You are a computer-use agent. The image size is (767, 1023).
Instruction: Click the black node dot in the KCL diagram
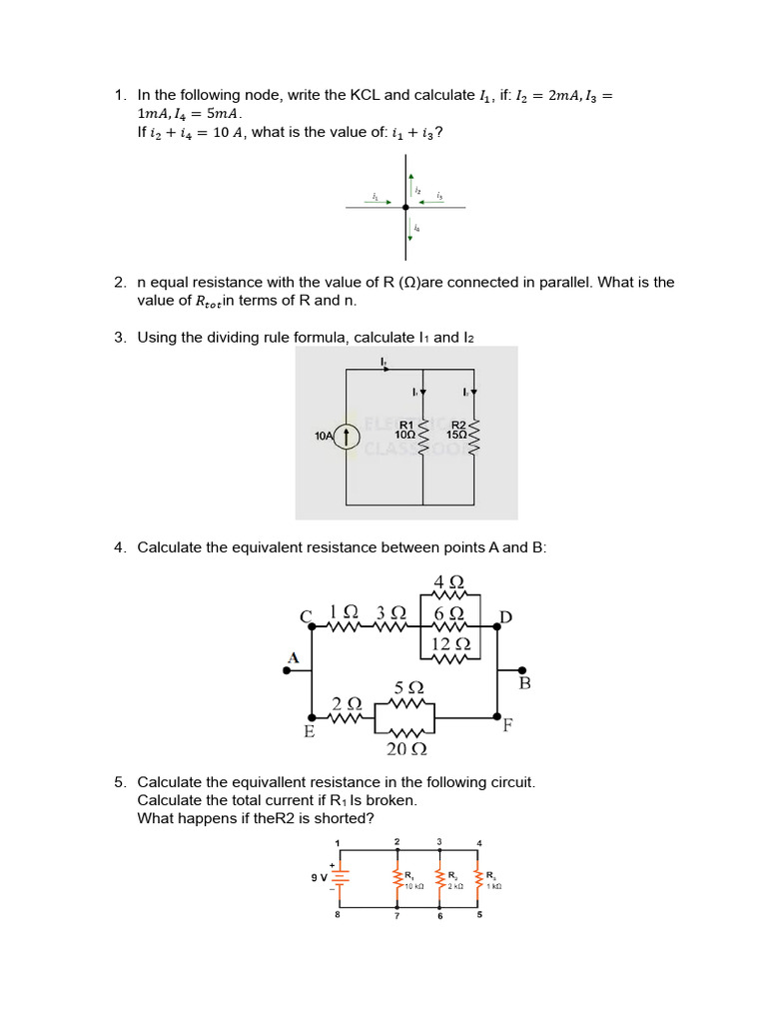click(x=405, y=208)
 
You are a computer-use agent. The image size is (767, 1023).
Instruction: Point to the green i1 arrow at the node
click(x=382, y=202)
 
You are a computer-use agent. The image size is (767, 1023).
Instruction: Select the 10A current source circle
click(x=347, y=437)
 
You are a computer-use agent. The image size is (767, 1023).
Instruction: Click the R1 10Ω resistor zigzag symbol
click(x=423, y=437)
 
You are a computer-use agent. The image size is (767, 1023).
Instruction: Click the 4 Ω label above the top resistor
click(x=448, y=582)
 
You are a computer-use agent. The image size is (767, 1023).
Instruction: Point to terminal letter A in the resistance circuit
click(x=294, y=657)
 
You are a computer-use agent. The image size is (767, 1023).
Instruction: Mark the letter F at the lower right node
click(x=507, y=726)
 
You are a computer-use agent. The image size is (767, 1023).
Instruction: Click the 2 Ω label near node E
click(x=347, y=704)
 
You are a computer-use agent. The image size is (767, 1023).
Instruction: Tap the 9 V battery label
click(x=319, y=877)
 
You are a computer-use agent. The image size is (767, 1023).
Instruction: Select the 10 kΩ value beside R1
click(x=413, y=886)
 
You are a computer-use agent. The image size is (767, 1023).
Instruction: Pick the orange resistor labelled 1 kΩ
click(x=479, y=878)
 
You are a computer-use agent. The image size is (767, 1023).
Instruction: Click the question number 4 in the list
click(x=119, y=547)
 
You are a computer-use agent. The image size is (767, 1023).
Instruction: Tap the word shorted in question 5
click(x=343, y=819)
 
